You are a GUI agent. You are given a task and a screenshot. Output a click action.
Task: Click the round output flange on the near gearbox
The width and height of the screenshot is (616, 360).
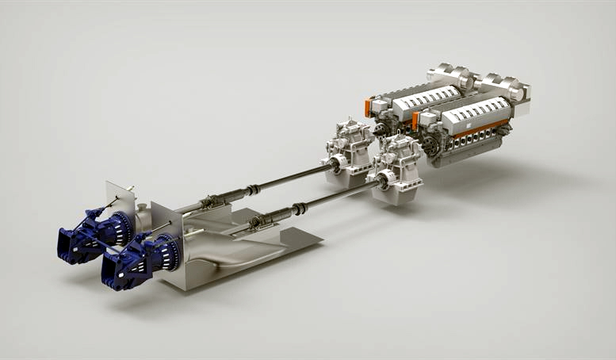tap(382, 182)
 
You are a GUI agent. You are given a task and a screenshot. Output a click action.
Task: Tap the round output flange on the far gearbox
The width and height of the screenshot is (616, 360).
tap(334, 163)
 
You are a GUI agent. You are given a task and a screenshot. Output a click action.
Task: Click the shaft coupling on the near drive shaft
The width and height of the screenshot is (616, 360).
tap(300, 209)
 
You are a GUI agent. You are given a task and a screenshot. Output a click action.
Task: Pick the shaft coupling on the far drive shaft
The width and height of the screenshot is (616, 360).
tap(251, 190)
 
